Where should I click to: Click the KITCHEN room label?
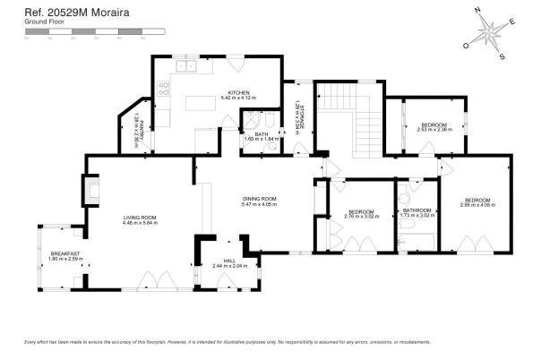coord(238,91)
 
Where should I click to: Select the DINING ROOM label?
coord(259,198)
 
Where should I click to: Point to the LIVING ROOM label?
coord(141,218)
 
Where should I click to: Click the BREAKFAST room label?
coord(64,254)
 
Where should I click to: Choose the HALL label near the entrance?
coord(228,261)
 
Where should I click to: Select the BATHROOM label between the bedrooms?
coord(417,211)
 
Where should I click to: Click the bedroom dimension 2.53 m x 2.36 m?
coord(434,130)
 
